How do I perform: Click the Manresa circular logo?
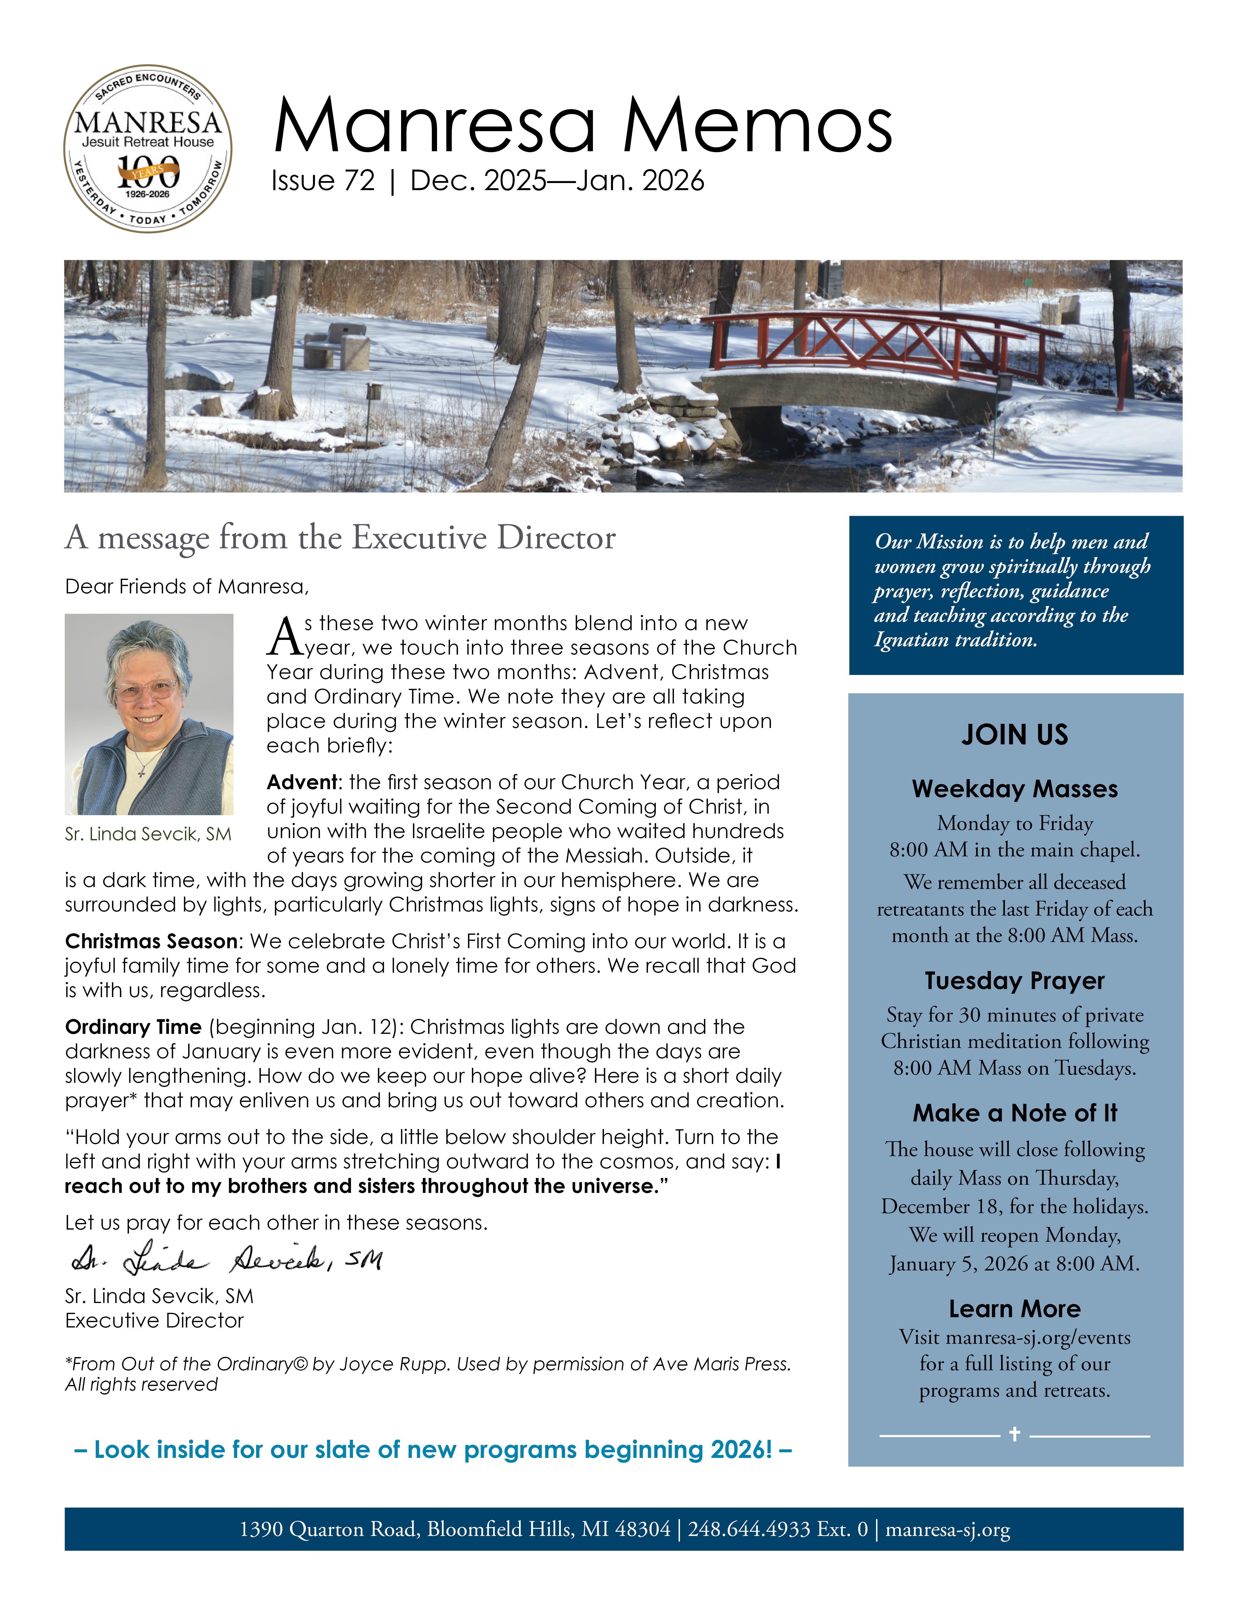pyautogui.click(x=148, y=148)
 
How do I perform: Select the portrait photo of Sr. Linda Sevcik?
pyautogui.click(x=149, y=714)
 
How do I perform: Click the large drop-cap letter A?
pyautogui.click(x=285, y=637)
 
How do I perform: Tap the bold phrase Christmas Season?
pyautogui.click(x=151, y=941)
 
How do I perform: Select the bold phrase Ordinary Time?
pyautogui.click(x=133, y=1027)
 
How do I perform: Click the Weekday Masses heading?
pyautogui.click(x=1014, y=789)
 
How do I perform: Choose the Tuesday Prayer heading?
pyautogui.click(x=1014, y=981)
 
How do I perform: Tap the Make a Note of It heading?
pyautogui.click(x=1014, y=1113)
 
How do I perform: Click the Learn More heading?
pyautogui.click(x=1014, y=1309)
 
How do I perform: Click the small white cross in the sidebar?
pyautogui.click(x=1014, y=1434)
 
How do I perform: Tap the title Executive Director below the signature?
pyautogui.click(x=154, y=1321)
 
